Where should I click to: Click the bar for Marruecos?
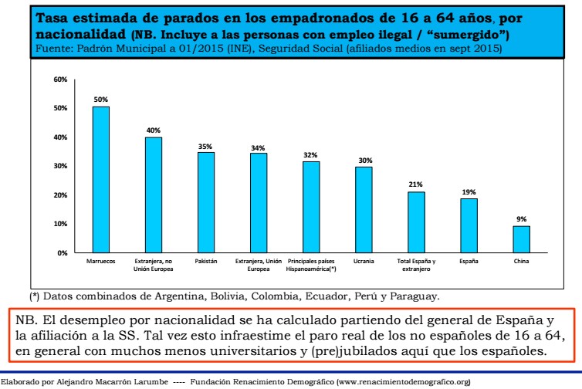(101, 179)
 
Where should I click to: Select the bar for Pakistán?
(206, 202)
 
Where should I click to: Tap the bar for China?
(522, 239)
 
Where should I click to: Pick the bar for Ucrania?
(364, 209)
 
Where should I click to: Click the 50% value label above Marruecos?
(101, 100)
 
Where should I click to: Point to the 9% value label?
(522, 219)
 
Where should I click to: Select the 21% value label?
(416, 184)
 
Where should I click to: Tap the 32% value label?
(311, 154)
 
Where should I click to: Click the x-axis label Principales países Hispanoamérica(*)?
(311, 265)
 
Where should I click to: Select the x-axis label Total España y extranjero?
(416, 265)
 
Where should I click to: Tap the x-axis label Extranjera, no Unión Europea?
(154, 265)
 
